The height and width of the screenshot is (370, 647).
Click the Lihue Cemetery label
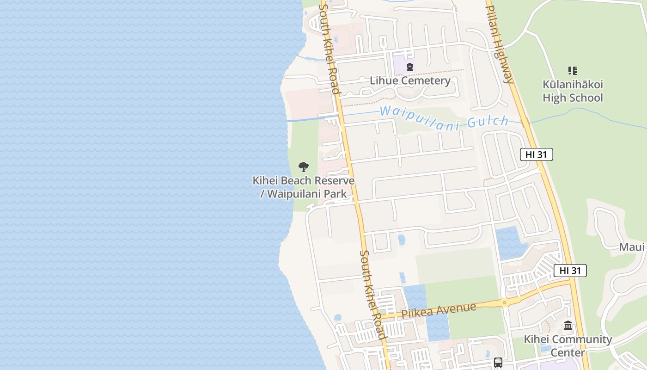tap(410, 80)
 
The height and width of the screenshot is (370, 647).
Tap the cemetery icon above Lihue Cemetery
tap(409, 67)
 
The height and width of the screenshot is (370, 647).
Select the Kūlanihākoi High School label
tap(573, 91)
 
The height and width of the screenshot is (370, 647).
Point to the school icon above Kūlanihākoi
tap(573, 71)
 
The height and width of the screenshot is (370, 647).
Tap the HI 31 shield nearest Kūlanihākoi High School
tap(536, 154)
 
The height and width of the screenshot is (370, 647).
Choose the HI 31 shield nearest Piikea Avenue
tap(570, 271)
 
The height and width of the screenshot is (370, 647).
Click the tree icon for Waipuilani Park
tap(304, 166)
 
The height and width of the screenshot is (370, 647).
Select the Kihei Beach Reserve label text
tap(303, 181)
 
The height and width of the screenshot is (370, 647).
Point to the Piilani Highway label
tap(499, 44)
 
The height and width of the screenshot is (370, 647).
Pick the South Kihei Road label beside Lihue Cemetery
tap(330, 49)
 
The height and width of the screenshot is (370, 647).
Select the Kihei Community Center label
tap(568, 345)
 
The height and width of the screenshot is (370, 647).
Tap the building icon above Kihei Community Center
tap(568, 325)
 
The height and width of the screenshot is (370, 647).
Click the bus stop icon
tap(498, 363)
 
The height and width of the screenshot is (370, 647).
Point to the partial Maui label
tap(631, 247)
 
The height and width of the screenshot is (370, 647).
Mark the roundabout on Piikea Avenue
tap(504, 302)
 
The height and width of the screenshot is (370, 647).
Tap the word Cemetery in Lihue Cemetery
tap(426, 80)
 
